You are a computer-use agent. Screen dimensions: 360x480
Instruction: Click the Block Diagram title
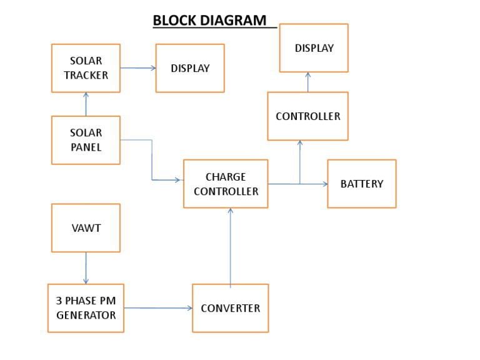click(209, 20)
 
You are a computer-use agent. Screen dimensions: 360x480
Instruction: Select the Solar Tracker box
click(86, 68)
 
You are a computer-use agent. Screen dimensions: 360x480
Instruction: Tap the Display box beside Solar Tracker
click(190, 68)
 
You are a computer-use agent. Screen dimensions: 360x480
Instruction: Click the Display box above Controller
click(314, 48)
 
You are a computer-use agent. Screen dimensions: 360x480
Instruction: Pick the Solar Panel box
click(86, 140)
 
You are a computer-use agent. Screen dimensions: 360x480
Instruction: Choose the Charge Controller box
click(226, 184)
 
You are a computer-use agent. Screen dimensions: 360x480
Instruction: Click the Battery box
click(361, 184)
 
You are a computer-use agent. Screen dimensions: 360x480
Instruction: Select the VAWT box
click(86, 228)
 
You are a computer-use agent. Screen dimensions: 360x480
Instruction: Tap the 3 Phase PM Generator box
click(86, 308)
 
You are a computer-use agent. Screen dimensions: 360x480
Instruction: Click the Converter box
click(230, 308)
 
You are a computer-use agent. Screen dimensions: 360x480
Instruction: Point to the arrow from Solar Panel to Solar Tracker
click(86, 104)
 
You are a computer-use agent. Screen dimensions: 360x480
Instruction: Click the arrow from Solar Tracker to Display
click(137, 67)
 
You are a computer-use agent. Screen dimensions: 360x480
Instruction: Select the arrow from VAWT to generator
click(86, 268)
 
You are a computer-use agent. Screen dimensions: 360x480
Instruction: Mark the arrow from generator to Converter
click(157, 308)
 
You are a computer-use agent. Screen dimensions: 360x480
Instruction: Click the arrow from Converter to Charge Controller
click(231, 246)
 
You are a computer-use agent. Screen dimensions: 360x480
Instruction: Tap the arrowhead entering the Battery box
click(324, 184)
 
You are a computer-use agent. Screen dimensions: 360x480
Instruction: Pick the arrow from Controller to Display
click(307, 82)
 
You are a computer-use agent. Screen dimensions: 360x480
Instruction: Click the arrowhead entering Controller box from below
click(300, 144)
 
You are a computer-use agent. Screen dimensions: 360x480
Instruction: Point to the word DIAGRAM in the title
click(236, 20)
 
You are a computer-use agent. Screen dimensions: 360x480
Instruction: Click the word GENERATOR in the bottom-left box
click(86, 315)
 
